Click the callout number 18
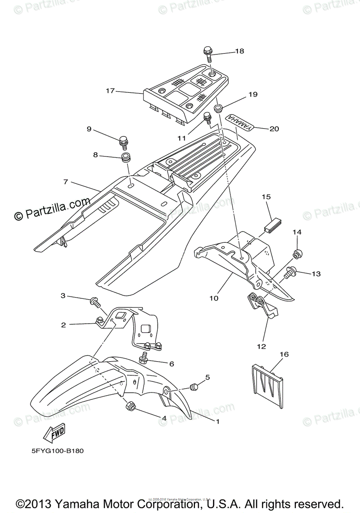[239, 51]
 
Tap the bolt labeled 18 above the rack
[208, 54]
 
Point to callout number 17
[110, 91]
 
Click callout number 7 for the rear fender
[65, 182]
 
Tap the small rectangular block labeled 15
[271, 225]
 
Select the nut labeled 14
[296, 254]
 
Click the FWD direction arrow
[53, 434]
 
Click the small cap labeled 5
[195, 387]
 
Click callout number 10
[214, 298]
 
